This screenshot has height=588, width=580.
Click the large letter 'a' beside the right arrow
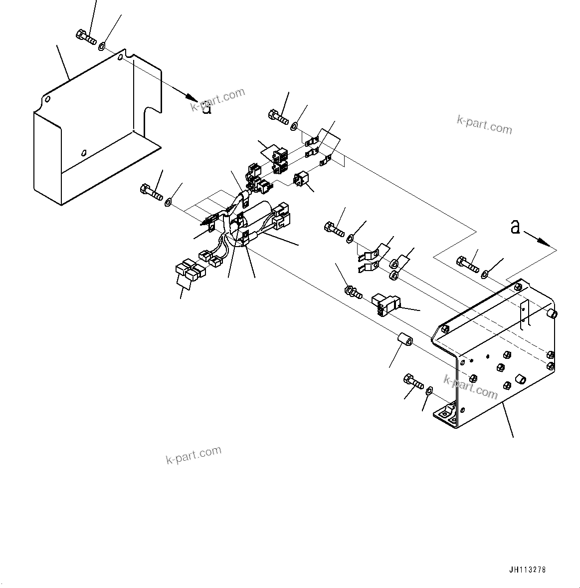(x=515, y=228)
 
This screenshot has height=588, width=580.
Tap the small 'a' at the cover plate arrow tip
(x=206, y=108)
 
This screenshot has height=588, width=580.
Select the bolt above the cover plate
(x=86, y=36)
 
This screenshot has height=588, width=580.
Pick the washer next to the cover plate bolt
(x=102, y=46)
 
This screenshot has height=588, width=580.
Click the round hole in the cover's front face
(x=83, y=153)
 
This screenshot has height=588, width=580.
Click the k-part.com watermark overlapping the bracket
(x=471, y=387)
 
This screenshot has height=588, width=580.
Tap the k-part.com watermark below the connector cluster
(x=193, y=455)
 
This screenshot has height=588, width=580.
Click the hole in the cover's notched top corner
(x=121, y=59)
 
